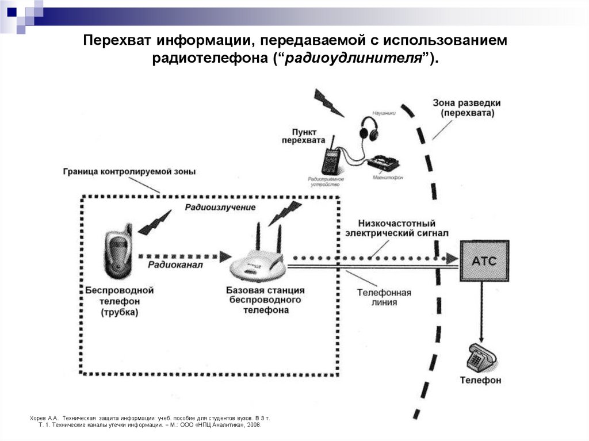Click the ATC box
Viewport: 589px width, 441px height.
point(484,260)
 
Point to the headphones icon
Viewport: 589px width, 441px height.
point(369,128)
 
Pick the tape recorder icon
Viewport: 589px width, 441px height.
point(383,162)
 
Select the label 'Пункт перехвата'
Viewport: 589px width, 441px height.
point(303,136)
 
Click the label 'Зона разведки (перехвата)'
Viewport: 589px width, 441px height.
point(466,108)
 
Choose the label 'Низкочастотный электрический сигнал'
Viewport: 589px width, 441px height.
point(396,228)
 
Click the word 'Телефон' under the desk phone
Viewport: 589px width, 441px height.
point(480,380)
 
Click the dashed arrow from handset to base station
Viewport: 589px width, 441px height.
point(184,255)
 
